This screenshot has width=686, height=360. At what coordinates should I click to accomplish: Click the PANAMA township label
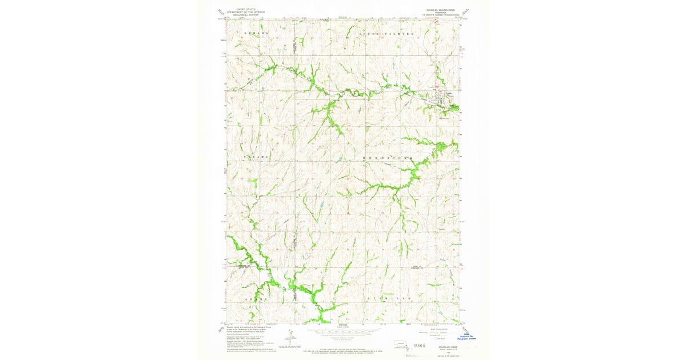pyautogui.click(x=256, y=155)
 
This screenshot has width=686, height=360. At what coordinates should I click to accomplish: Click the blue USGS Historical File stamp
pyautogui.click(x=469, y=338)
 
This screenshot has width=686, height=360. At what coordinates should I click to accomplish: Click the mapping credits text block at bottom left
pyautogui.click(x=252, y=337)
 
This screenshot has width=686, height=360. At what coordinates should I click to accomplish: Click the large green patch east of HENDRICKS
pyautogui.click(x=441, y=150)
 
